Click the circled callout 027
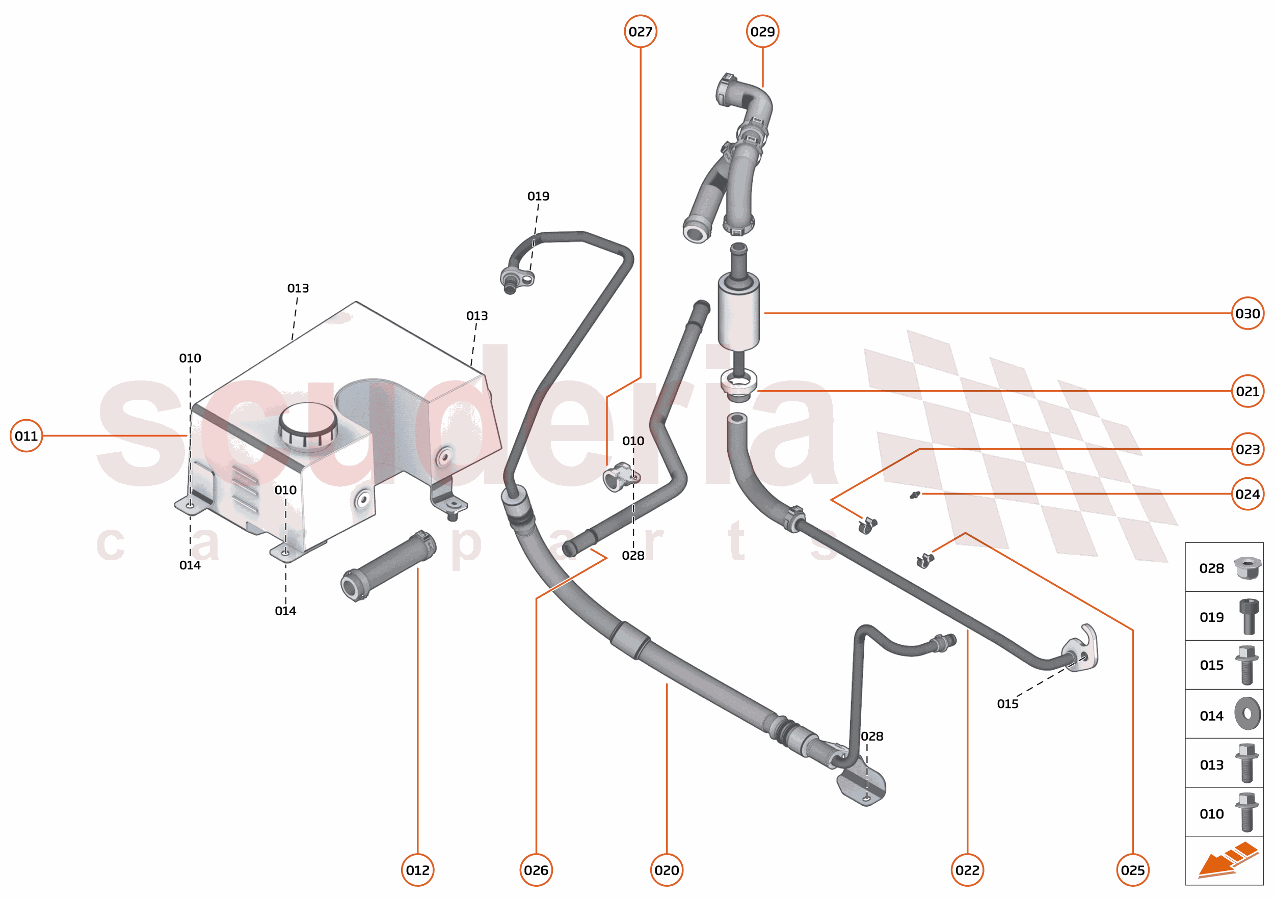640,32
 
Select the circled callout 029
762,32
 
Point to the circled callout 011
26,436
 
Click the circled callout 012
417,870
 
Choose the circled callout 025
1132,870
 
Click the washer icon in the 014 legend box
1248,714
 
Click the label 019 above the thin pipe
538,196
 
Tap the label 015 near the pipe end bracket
1007,704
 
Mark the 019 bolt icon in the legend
1248,616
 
